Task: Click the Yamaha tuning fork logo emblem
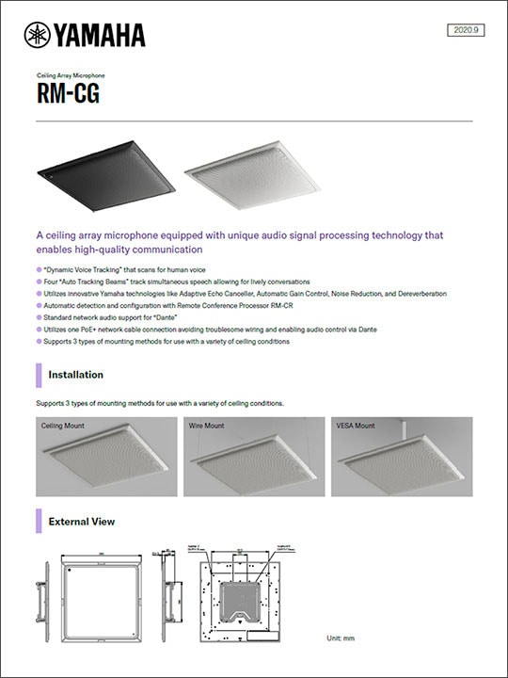(x=38, y=35)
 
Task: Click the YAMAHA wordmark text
(x=99, y=36)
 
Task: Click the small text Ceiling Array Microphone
(x=71, y=74)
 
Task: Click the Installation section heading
(x=75, y=375)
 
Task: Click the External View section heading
(x=82, y=521)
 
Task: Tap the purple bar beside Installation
(x=39, y=375)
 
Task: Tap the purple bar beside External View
(x=39, y=521)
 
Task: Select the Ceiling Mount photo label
(x=62, y=426)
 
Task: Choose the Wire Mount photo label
(x=207, y=426)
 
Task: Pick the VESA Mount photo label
(x=355, y=426)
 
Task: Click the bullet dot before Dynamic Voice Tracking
(x=39, y=269)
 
